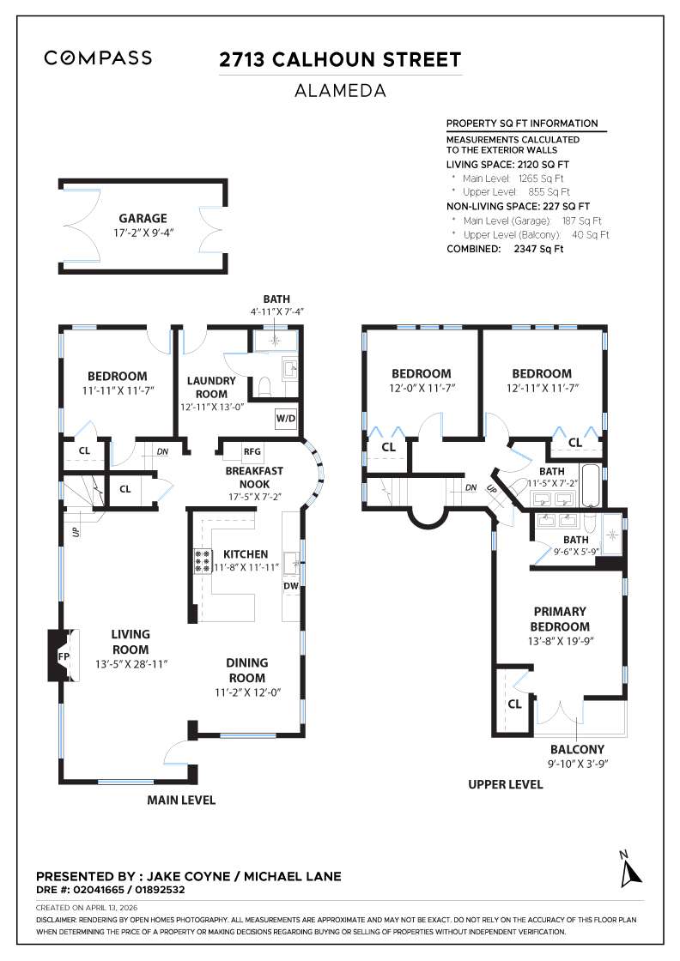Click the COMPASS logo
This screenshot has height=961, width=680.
tap(98, 58)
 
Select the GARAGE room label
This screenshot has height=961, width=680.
tap(143, 218)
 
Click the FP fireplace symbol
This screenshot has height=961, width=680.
tap(63, 656)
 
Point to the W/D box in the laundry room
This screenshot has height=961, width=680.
tap(285, 419)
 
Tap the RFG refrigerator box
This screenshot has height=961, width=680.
tap(252, 450)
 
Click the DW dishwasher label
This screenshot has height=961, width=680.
tap(292, 586)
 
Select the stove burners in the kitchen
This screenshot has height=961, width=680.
tap(203, 561)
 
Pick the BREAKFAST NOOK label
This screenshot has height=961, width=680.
tap(254, 477)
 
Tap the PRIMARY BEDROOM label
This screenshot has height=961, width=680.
tap(560, 619)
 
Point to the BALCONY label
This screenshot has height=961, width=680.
tap(577, 748)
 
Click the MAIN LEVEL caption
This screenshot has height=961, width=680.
tap(181, 801)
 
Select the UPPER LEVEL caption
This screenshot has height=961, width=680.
tap(505, 784)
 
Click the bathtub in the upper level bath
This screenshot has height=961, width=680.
tap(592, 487)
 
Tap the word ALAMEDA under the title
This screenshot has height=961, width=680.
tap(340, 89)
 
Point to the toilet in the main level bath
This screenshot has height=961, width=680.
tap(265, 385)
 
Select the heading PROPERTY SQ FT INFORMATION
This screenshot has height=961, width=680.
tap(522, 124)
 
